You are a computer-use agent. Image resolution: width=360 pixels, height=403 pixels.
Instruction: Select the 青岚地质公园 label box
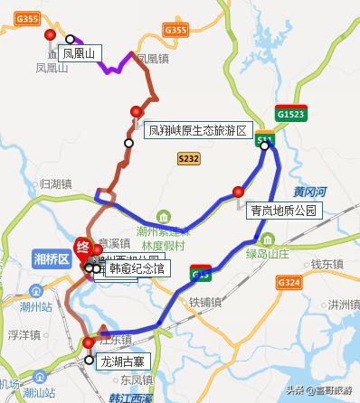pyautogui.click(x=285, y=211)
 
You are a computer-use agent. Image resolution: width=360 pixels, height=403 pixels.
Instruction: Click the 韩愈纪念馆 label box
pyautogui.click(x=134, y=268)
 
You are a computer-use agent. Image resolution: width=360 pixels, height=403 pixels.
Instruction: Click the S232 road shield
pyautogui.click(x=188, y=157)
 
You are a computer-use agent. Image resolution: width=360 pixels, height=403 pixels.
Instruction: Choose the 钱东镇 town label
pyautogui.click(x=324, y=264)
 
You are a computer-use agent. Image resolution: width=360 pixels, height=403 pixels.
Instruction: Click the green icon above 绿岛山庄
pyautogui.click(x=267, y=239)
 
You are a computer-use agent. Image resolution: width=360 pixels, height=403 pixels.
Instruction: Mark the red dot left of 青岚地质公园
pyautogui.click(x=238, y=192)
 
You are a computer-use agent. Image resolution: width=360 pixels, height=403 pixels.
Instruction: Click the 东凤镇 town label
pyautogui.click(x=135, y=380)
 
